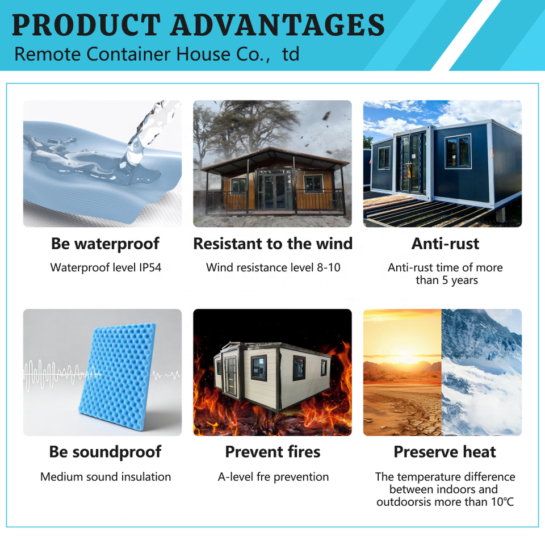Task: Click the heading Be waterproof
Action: point(105,244)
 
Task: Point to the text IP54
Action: point(150,267)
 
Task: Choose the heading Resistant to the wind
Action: point(273,244)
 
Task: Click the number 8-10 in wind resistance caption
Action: point(329,267)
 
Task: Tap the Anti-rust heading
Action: point(445,244)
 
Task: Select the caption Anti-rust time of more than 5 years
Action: point(445,274)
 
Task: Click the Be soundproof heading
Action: point(105,452)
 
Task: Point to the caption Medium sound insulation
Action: point(106,476)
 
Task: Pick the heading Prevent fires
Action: point(273,452)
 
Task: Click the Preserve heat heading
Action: point(445,452)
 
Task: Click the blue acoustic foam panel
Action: point(118,375)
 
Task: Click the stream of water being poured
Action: point(142,136)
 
